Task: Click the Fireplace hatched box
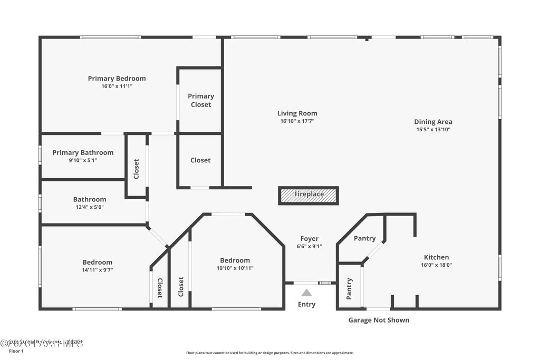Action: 308,195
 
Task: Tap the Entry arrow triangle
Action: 306,293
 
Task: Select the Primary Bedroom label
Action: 117,79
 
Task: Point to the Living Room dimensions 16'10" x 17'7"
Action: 297,121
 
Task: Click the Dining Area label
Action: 433,122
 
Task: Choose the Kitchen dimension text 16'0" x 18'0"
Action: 436,265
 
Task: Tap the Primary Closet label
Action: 201,100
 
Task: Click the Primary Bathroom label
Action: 83,153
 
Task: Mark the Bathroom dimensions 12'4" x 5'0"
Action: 89,207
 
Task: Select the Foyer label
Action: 309,239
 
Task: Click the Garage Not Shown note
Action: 379,320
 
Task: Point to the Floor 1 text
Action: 16,351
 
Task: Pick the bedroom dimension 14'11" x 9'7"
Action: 97,270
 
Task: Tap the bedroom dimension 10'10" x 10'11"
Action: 235,268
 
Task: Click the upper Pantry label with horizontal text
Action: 364,238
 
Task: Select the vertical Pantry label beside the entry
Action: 349,289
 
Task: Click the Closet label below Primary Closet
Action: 200,160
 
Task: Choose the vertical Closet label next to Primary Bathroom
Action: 136,169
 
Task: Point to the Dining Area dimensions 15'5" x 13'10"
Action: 433,129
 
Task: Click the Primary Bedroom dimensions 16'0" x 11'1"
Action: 117,86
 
